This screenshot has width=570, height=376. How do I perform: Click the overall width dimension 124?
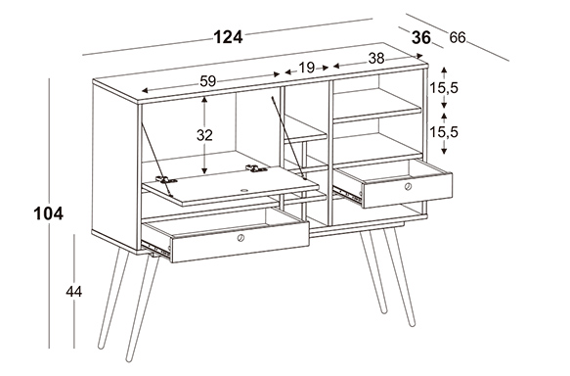(x=228, y=37)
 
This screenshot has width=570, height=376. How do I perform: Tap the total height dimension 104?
(x=48, y=213)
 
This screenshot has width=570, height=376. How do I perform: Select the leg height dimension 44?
(x=73, y=292)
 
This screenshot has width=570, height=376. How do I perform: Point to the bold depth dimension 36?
(x=421, y=37)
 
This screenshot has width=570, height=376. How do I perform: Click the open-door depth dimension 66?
(x=458, y=37)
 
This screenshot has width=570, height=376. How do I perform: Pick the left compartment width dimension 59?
(x=208, y=81)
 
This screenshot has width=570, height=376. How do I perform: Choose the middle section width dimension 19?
(x=306, y=68)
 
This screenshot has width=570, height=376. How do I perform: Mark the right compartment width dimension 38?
(x=376, y=58)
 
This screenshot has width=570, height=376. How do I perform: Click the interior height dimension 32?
(x=204, y=135)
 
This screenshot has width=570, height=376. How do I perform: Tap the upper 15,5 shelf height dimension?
(x=444, y=88)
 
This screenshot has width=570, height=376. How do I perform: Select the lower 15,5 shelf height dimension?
(x=444, y=132)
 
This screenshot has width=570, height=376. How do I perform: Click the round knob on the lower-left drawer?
(x=241, y=238)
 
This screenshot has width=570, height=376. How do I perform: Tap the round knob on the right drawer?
(x=409, y=187)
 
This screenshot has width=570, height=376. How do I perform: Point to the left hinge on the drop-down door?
(x=166, y=179)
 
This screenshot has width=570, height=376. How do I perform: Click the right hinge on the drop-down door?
(x=256, y=168)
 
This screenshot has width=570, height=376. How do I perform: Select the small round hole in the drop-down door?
(x=243, y=190)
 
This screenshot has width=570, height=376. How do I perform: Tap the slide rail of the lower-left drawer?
(x=156, y=250)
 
